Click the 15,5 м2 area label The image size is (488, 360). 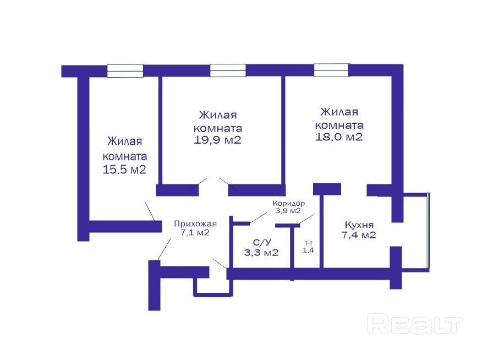click(x=124, y=170)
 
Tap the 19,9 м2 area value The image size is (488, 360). click(x=218, y=140)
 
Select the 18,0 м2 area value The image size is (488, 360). click(x=339, y=137)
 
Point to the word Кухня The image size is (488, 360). click(x=359, y=225)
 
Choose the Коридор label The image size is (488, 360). click(x=288, y=203)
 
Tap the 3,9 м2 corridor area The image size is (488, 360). click(x=288, y=211)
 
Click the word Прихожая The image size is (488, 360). click(x=195, y=223)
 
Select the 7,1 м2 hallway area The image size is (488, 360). click(x=195, y=232)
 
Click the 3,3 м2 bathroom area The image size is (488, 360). click(x=261, y=253)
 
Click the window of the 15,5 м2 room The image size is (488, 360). click(x=125, y=70)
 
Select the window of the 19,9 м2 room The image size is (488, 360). click(x=228, y=70)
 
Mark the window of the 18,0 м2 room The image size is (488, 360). click(x=331, y=70)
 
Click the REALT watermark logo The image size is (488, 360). click(x=415, y=324)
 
